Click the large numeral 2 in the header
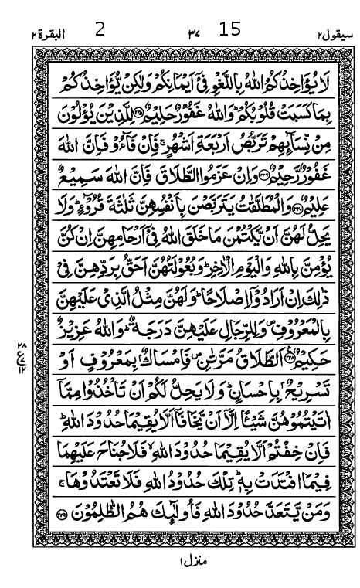(100, 30)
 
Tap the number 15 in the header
(229, 30)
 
